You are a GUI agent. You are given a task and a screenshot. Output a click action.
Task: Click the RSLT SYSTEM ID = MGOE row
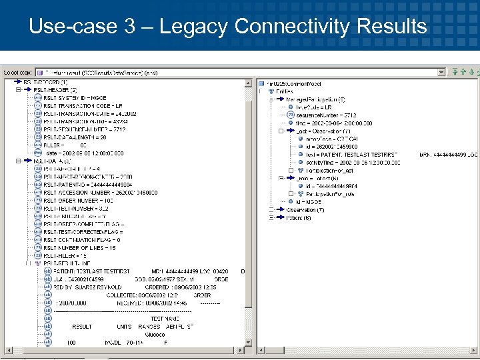pos(75,98)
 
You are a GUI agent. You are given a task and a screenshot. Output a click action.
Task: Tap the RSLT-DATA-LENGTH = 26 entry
pos(75,137)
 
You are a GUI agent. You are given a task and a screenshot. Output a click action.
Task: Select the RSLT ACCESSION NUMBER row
pos(101,193)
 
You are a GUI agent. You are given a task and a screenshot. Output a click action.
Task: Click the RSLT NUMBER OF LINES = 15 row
pos(79,248)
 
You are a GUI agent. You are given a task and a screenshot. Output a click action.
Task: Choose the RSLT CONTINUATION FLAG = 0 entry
pos(82,240)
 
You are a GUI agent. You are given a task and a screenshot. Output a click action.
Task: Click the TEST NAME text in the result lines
pos(165,319)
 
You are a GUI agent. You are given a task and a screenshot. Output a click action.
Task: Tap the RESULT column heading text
pos(82,327)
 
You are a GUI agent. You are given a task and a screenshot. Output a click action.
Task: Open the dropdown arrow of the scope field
pos(441,71)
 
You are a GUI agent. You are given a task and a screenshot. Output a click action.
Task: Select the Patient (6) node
pos(298,218)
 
